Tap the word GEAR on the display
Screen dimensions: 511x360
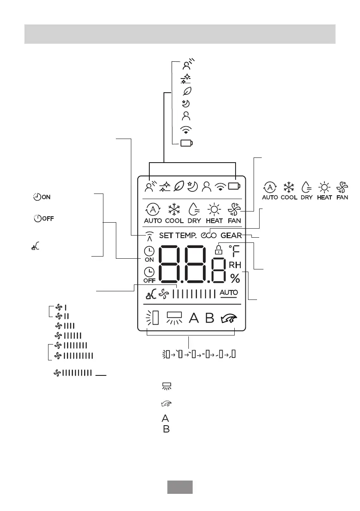(231, 235)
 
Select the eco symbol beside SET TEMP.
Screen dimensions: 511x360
(208, 235)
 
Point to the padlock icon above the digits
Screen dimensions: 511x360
(219, 249)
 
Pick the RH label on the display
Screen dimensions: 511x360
(235, 265)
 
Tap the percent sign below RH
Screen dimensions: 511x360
(235, 278)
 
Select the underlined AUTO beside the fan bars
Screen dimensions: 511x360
(229, 293)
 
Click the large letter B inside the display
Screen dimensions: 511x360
(209, 318)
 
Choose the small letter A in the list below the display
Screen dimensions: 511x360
(165, 418)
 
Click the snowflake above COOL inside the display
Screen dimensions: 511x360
(174, 210)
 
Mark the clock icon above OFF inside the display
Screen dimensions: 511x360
(149, 272)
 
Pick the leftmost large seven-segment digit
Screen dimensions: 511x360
(173, 264)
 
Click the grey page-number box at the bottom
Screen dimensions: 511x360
(179, 487)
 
